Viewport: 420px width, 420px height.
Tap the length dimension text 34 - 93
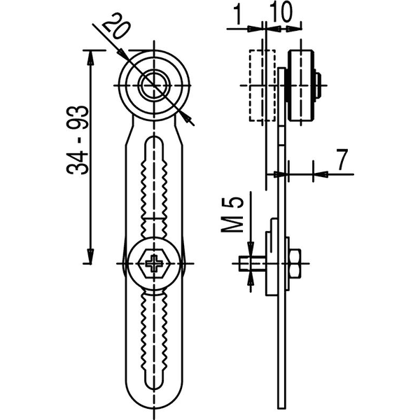(x=78, y=140)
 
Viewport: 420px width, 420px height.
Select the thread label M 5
(x=232, y=215)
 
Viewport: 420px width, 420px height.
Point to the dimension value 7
(x=342, y=160)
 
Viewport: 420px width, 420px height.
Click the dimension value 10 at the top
(x=281, y=12)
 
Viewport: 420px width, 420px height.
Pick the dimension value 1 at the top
(x=237, y=13)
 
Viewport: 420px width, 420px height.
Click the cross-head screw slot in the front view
(x=154, y=263)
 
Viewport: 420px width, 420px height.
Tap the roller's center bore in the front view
(x=154, y=85)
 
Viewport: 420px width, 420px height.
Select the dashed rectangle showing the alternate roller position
(x=262, y=85)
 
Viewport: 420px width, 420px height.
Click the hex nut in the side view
(x=295, y=263)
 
